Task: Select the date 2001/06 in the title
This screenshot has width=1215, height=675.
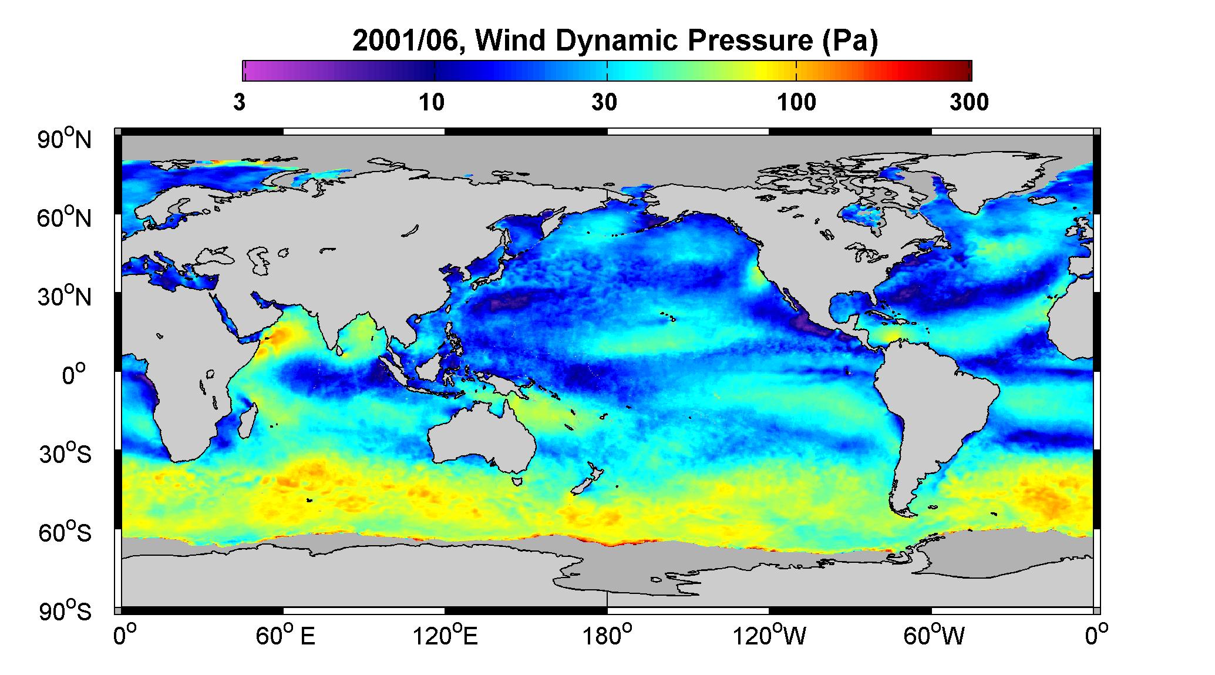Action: coord(407,42)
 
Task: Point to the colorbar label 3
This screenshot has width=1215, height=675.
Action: coord(240,102)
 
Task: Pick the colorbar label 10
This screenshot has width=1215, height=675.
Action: coord(432,102)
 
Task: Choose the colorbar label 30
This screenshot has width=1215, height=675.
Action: coord(604,102)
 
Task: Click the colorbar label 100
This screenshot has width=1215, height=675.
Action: coord(796,102)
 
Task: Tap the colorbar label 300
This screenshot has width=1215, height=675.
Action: coord(969,102)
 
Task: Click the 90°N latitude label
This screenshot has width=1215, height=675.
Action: coord(65,140)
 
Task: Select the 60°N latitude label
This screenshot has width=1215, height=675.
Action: coord(65,218)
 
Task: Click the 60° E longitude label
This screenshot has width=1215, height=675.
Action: coord(285,636)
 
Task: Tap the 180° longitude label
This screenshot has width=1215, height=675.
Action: coord(607,636)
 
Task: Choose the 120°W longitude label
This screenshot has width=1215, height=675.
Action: coord(769,636)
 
